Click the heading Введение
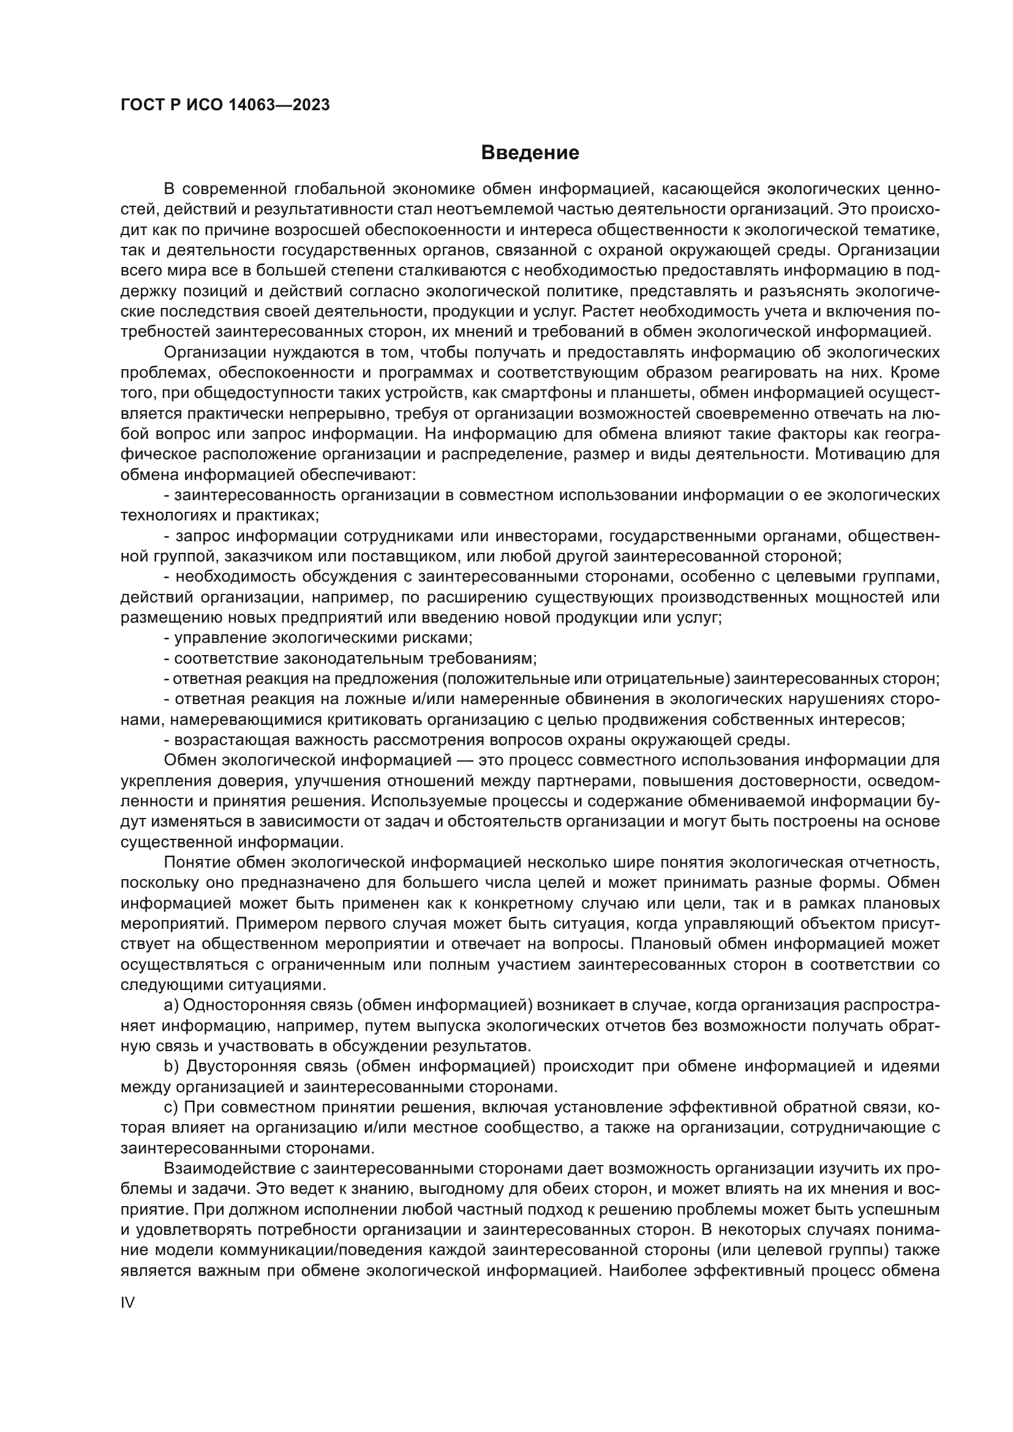pyautogui.click(x=530, y=153)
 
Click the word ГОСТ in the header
pyautogui.click(x=142, y=105)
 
